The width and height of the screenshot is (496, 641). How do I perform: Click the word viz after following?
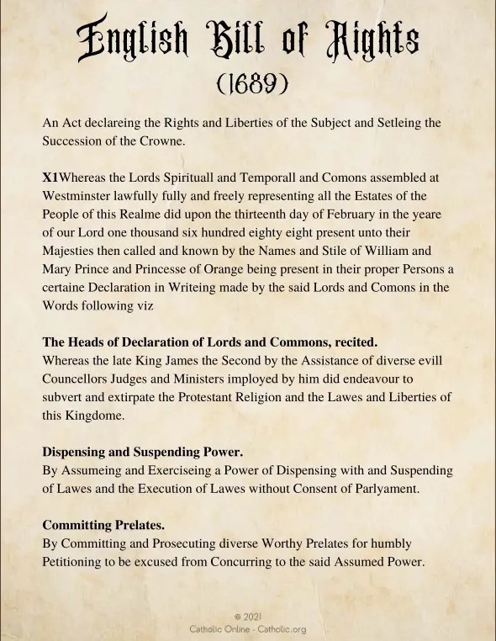pos(145,306)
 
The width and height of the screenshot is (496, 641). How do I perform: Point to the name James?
pos(184,361)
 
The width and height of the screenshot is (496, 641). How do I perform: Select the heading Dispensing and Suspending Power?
pos(143,452)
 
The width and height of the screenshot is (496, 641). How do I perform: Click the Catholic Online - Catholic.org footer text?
pos(247,628)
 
